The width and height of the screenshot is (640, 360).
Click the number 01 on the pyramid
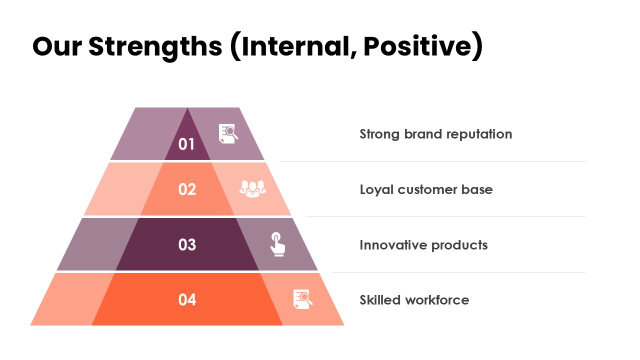tap(186, 144)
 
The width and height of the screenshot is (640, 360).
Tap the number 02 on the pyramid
tap(187, 189)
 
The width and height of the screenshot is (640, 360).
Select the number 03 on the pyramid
tap(187, 244)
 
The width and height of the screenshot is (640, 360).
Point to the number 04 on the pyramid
tap(187, 299)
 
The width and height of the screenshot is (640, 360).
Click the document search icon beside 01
tap(228, 133)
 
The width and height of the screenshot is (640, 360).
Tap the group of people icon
tap(252, 188)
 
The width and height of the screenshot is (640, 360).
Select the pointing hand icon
tap(277, 244)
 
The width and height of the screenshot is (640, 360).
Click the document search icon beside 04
tap(303, 299)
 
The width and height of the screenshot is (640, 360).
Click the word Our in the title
tap(57, 46)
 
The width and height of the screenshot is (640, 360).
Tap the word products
tap(459, 245)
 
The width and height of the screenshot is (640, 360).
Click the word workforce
tap(437, 300)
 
